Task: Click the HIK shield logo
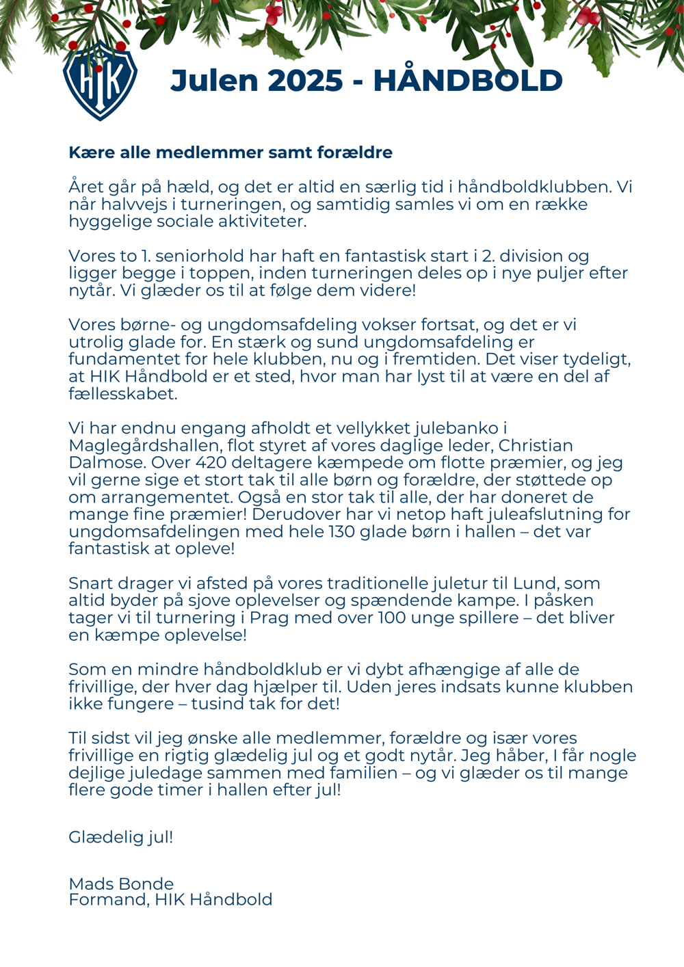coord(100,80)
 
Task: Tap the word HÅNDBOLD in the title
coord(468,81)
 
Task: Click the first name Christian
coord(536,446)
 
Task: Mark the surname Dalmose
coord(107,463)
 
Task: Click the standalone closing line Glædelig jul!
coord(121,837)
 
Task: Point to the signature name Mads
coord(92,884)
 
